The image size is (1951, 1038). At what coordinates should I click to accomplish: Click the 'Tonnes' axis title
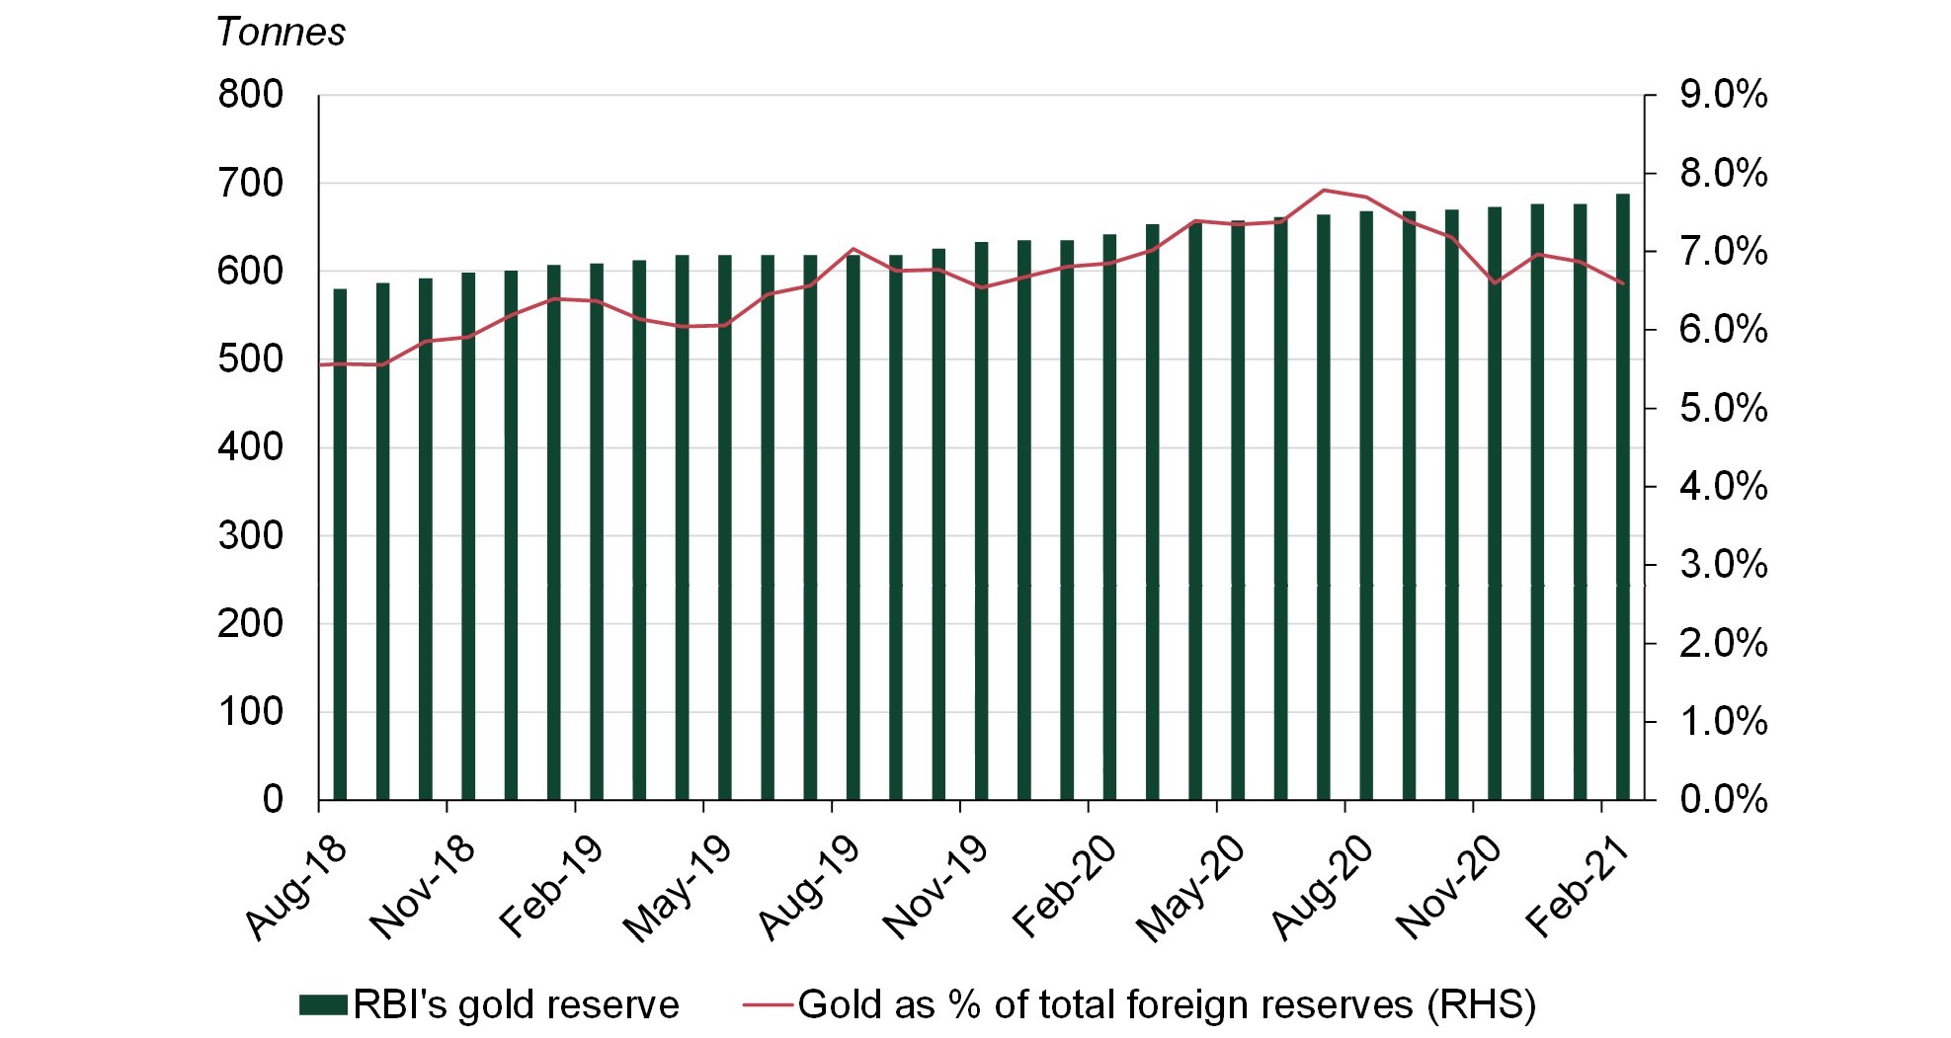click(x=281, y=33)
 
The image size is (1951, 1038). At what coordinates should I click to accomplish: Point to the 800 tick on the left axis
click(x=250, y=95)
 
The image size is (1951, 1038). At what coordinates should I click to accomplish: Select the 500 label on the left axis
click(x=250, y=359)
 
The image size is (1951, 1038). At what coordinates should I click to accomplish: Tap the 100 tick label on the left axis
click(x=250, y=711)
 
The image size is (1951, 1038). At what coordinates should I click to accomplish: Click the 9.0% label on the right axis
click(x=1723, y=95)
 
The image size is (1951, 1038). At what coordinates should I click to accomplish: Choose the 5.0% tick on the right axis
click(x=1723, y=408)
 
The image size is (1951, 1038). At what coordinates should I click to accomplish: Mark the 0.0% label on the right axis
click(x=1723, y=799)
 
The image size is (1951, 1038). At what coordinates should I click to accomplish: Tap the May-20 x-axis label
click(x=1190, y=889)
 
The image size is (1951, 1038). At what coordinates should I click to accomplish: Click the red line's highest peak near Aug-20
click(x=1324, y=190)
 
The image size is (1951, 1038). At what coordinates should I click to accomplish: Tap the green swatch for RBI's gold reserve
click(x=324, y=1005)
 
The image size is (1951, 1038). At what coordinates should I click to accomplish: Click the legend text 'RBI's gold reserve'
click(x=516, y=1005)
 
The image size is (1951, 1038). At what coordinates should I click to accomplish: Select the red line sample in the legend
click(x=768, y=1005)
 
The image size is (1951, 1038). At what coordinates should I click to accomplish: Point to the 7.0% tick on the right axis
click(x=1723, y=252)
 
